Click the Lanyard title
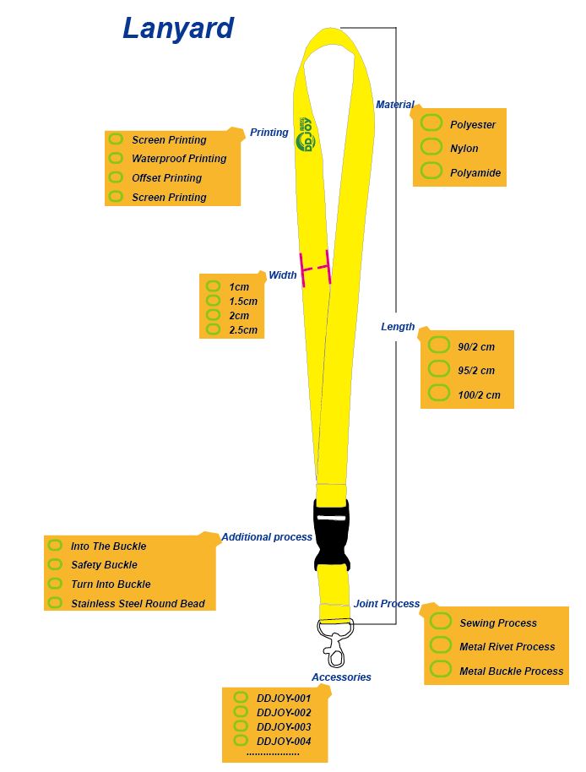click(177, 29)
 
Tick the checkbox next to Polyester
click(431, 123)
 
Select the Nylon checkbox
click(431, 147)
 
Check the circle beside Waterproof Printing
click(116, 158)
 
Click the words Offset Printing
click(166, 178)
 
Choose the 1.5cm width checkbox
click(213, 301)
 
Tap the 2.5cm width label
click(243, 329)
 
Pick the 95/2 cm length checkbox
click(439, 369)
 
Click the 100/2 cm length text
click(479, 394)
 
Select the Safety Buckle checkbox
click(55, 564)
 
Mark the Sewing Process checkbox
click(441, 622)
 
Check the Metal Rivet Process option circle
click(441, 645)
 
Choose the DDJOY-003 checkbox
click(241, 726)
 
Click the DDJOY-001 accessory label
click(284, 699)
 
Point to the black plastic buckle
click(330, 534)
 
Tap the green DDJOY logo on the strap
click(305, 134)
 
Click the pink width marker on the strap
click(316, 269)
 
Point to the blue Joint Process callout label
click(387, 604)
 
